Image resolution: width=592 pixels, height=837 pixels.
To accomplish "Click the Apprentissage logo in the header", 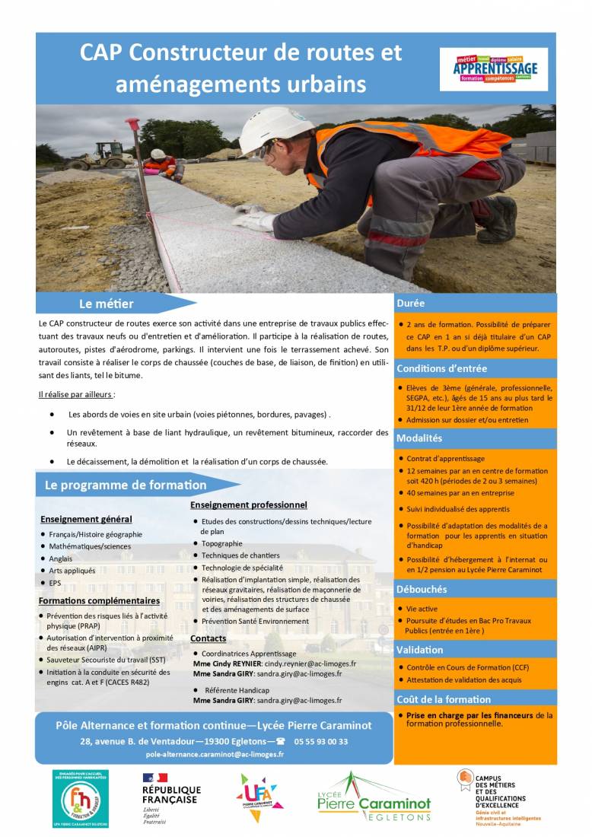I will pos(494,69).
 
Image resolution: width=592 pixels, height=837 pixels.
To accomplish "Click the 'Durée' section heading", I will pos(411,303).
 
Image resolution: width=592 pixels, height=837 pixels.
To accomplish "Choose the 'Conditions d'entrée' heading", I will pos(441,369).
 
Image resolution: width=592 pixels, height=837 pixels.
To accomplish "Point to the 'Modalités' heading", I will pos(419,438).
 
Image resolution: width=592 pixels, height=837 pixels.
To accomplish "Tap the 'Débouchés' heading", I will pos(422,589).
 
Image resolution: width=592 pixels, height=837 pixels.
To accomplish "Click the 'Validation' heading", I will pos(419,650).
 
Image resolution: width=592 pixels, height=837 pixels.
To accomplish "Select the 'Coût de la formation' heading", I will pos(444,699).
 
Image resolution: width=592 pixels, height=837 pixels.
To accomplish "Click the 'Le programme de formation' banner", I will pos(126,485).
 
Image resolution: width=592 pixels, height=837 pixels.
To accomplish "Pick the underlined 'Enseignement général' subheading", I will pos(86,519).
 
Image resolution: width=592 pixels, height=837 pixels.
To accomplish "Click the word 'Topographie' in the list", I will pos(222,543).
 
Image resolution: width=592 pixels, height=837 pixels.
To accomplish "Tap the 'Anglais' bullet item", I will pos(61,559).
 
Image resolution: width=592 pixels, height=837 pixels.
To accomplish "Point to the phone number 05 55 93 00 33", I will pos(320,741).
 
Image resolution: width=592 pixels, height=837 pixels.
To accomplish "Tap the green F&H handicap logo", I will pos(81,798).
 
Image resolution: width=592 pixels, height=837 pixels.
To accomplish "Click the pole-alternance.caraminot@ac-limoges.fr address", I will pos(215,754).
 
